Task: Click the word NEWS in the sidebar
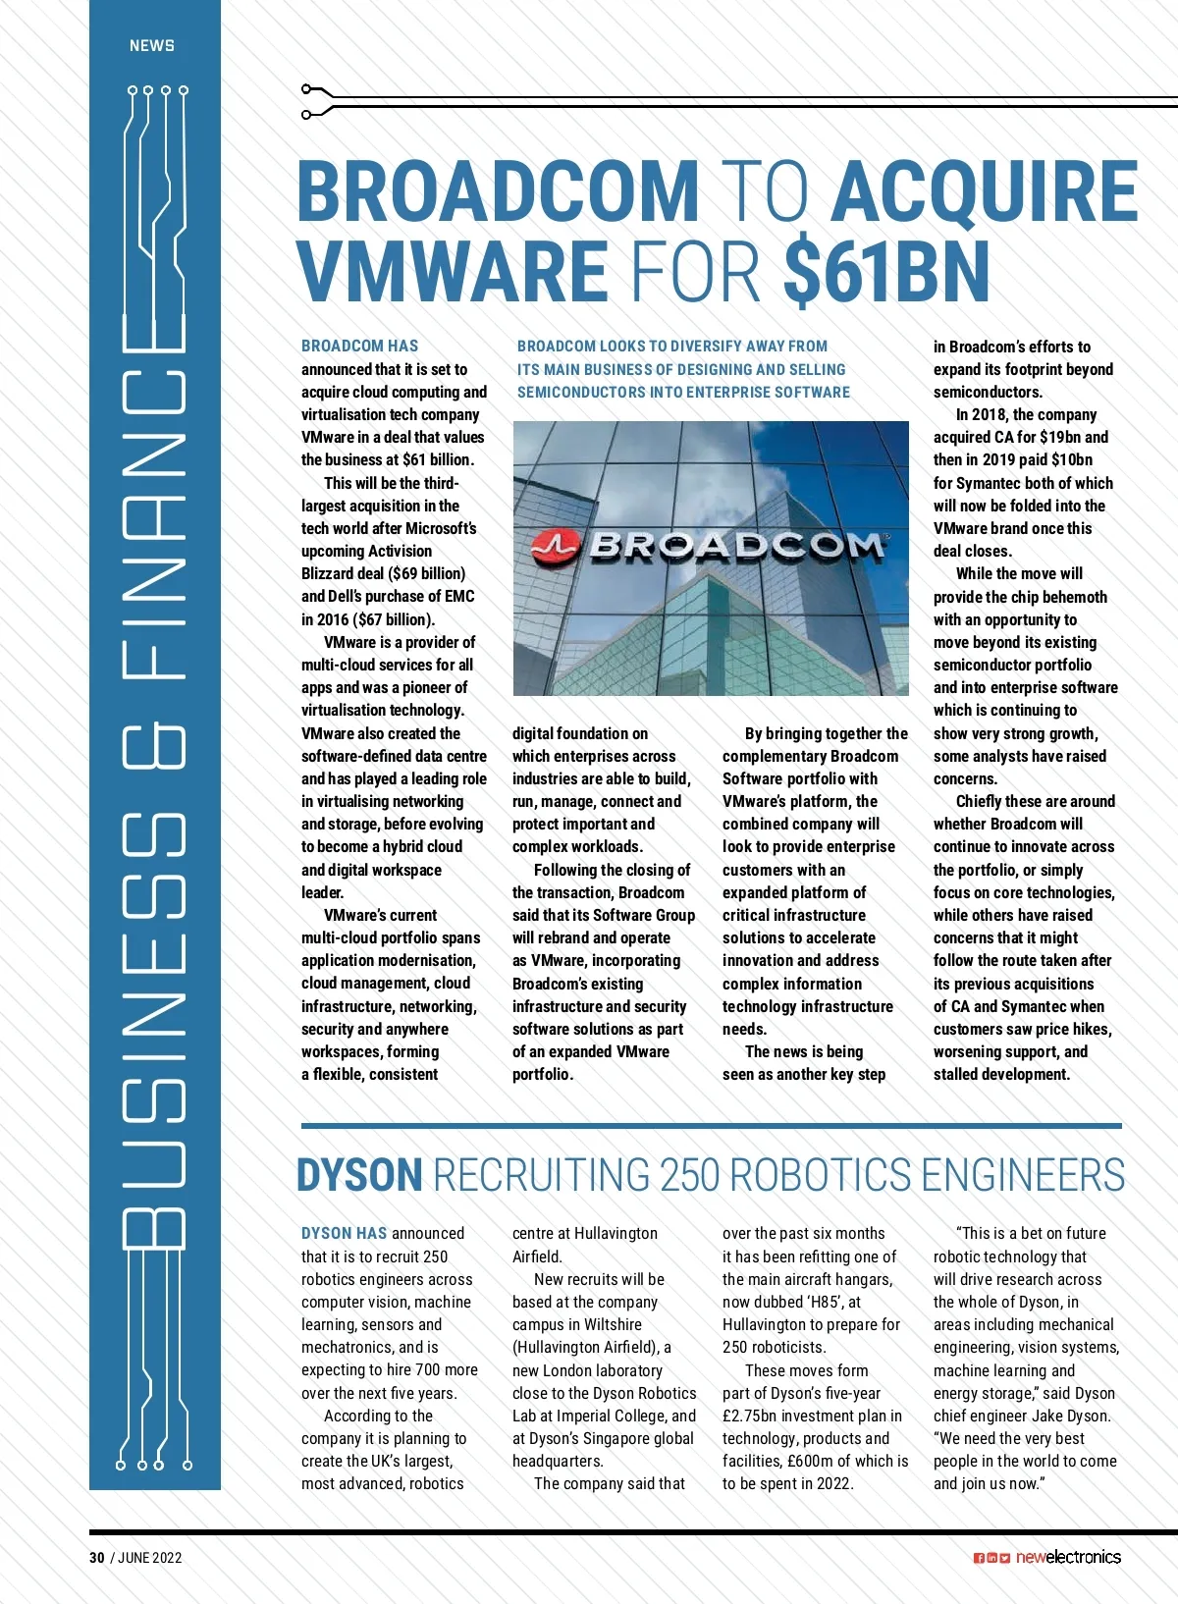152,45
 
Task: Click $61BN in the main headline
886,272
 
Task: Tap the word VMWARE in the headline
453,272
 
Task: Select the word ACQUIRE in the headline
985,190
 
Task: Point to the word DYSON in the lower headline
359,1175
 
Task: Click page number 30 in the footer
96,1557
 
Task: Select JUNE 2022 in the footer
150,1557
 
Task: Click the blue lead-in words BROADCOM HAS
359,346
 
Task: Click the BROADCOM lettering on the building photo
736,546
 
